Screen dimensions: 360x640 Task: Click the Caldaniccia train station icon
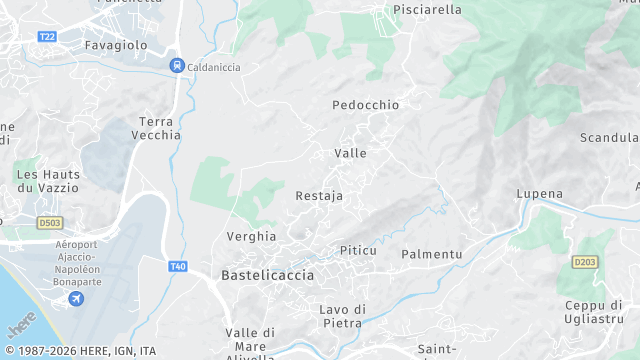pos(176,66)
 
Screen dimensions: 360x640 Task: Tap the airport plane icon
pos(76,299)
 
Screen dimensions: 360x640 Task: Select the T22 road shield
pos(46,36)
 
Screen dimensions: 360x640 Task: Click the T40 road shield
pos(178,265)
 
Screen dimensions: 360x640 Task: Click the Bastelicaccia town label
pos(267,275)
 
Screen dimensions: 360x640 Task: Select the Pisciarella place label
pos(427,10)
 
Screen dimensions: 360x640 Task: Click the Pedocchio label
pos(365,105)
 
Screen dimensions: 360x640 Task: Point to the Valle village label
pos(350,154)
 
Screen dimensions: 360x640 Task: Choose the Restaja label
pos(319,196)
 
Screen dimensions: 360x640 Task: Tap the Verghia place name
pos(252,237)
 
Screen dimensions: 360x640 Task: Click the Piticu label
pos(358,250)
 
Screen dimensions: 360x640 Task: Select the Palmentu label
pos(431,255)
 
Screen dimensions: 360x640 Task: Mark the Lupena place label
pos(539,194)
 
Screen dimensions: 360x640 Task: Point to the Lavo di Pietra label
pos(343,316)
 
